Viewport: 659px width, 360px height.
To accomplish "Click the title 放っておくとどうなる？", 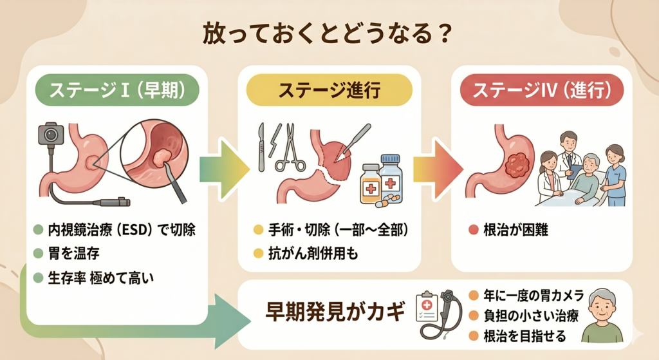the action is pos(327,34).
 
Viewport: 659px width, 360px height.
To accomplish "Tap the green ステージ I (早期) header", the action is pos(117,90).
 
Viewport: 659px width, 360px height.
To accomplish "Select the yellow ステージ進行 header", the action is pos(329,90).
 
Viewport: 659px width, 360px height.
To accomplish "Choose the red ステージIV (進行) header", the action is pos(542,90).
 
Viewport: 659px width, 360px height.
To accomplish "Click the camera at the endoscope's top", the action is pos(50,134).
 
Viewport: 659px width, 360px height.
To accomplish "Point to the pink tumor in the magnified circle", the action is pos(161,157).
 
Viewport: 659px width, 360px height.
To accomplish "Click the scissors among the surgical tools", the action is pos(290,147).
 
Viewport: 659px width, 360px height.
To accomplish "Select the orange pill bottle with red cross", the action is pos(370,184).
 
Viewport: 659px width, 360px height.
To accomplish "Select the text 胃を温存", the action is pos(74,254).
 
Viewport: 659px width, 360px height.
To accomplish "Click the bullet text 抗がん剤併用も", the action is pos(313,254).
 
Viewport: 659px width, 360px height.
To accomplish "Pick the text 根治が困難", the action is pos(515,230).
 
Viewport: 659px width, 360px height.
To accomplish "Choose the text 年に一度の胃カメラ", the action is pos(534,296).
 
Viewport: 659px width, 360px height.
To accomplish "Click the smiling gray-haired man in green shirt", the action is pos(602,316).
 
